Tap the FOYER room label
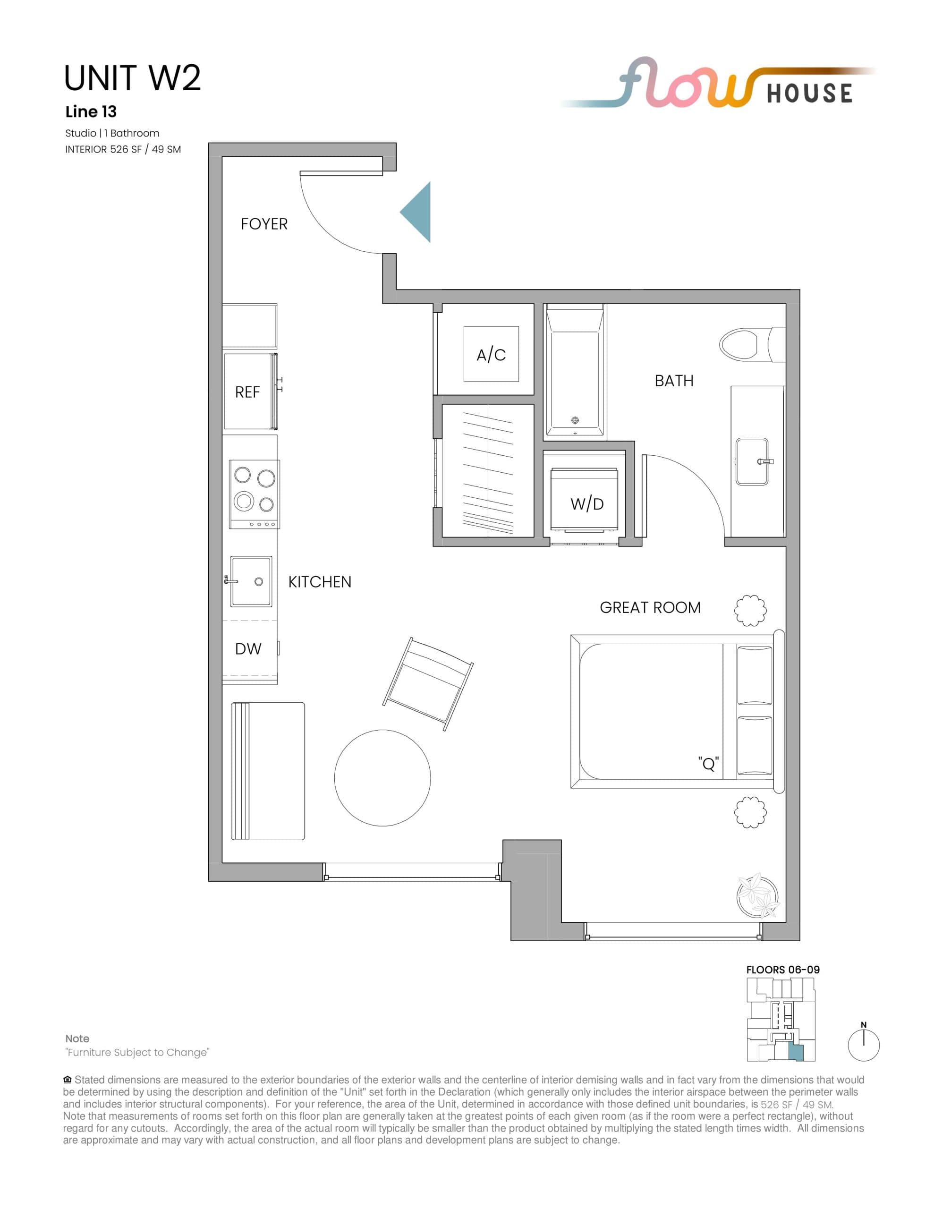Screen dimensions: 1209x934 (264, 224)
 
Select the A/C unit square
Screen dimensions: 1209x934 (491, 354)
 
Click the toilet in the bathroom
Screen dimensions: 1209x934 (741, 344)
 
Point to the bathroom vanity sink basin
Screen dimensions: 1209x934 (752, 461)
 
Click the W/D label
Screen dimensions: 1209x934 (587, 504)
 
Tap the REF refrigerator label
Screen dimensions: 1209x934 (247, 392)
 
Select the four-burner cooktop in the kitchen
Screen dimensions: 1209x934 (255, 494)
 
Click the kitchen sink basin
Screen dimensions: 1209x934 (251, 581)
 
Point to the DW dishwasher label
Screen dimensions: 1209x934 (248, 649)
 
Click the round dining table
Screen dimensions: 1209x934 (382, 778)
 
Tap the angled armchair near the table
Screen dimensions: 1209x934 (428, 684)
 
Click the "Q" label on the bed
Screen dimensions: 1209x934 (708, 764)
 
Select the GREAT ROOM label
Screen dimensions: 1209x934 (650, 608)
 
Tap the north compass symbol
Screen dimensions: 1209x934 (864, 1045)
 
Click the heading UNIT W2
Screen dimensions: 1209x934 (132, 78)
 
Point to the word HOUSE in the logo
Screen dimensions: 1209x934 (809, 94)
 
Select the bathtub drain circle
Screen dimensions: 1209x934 (575, 420)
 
